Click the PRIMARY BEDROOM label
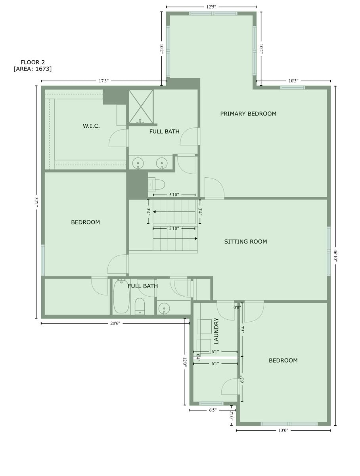click(x=248, y=113)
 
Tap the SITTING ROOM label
click(x=245, y=241)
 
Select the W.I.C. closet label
click(x=91, y=126)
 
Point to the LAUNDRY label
click(x=216, y=331)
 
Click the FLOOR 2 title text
click(x=33, y=62)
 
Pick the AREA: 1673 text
click(x=33, y=69)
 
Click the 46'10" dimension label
click(x=335, y=255)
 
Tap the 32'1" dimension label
click(x=36, y=202)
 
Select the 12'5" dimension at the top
click(x=211, y=7)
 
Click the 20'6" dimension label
click(x=115, y=323)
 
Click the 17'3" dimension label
click(x=103, y=81)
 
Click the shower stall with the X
click(x=141, y=107)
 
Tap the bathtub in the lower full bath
click(x=121, y=296)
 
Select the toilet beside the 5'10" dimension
click(x=157, y=184)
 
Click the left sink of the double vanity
click(x=138, y=163)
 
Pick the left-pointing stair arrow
click(x=174, y=212)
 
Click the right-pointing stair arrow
click(x=175, y=238)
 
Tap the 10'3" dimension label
click(x=293, y=81)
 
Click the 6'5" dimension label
click(x=213, y=410)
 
